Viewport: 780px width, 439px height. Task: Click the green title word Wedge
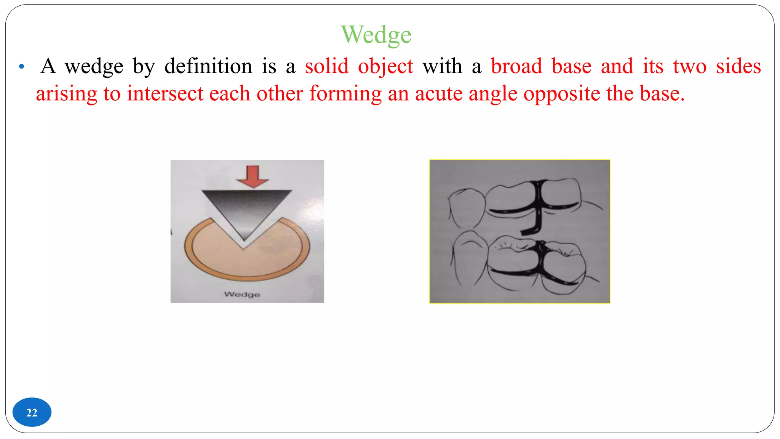[376, 35]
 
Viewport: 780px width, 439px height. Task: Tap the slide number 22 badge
[32, 412]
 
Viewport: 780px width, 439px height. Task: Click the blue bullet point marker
[22, 67]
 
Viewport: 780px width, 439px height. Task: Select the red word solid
[326, 66]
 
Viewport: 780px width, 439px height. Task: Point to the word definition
[208, 66]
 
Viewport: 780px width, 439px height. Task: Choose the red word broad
[516, 66]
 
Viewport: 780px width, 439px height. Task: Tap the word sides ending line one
[738, 66]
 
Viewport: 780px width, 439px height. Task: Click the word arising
[66, 94]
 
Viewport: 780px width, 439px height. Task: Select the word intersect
[165, 93]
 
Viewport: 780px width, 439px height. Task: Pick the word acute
[438, 93]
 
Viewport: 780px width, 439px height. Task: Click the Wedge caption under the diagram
[242, 294]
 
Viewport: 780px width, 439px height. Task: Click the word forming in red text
[345, 94]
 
